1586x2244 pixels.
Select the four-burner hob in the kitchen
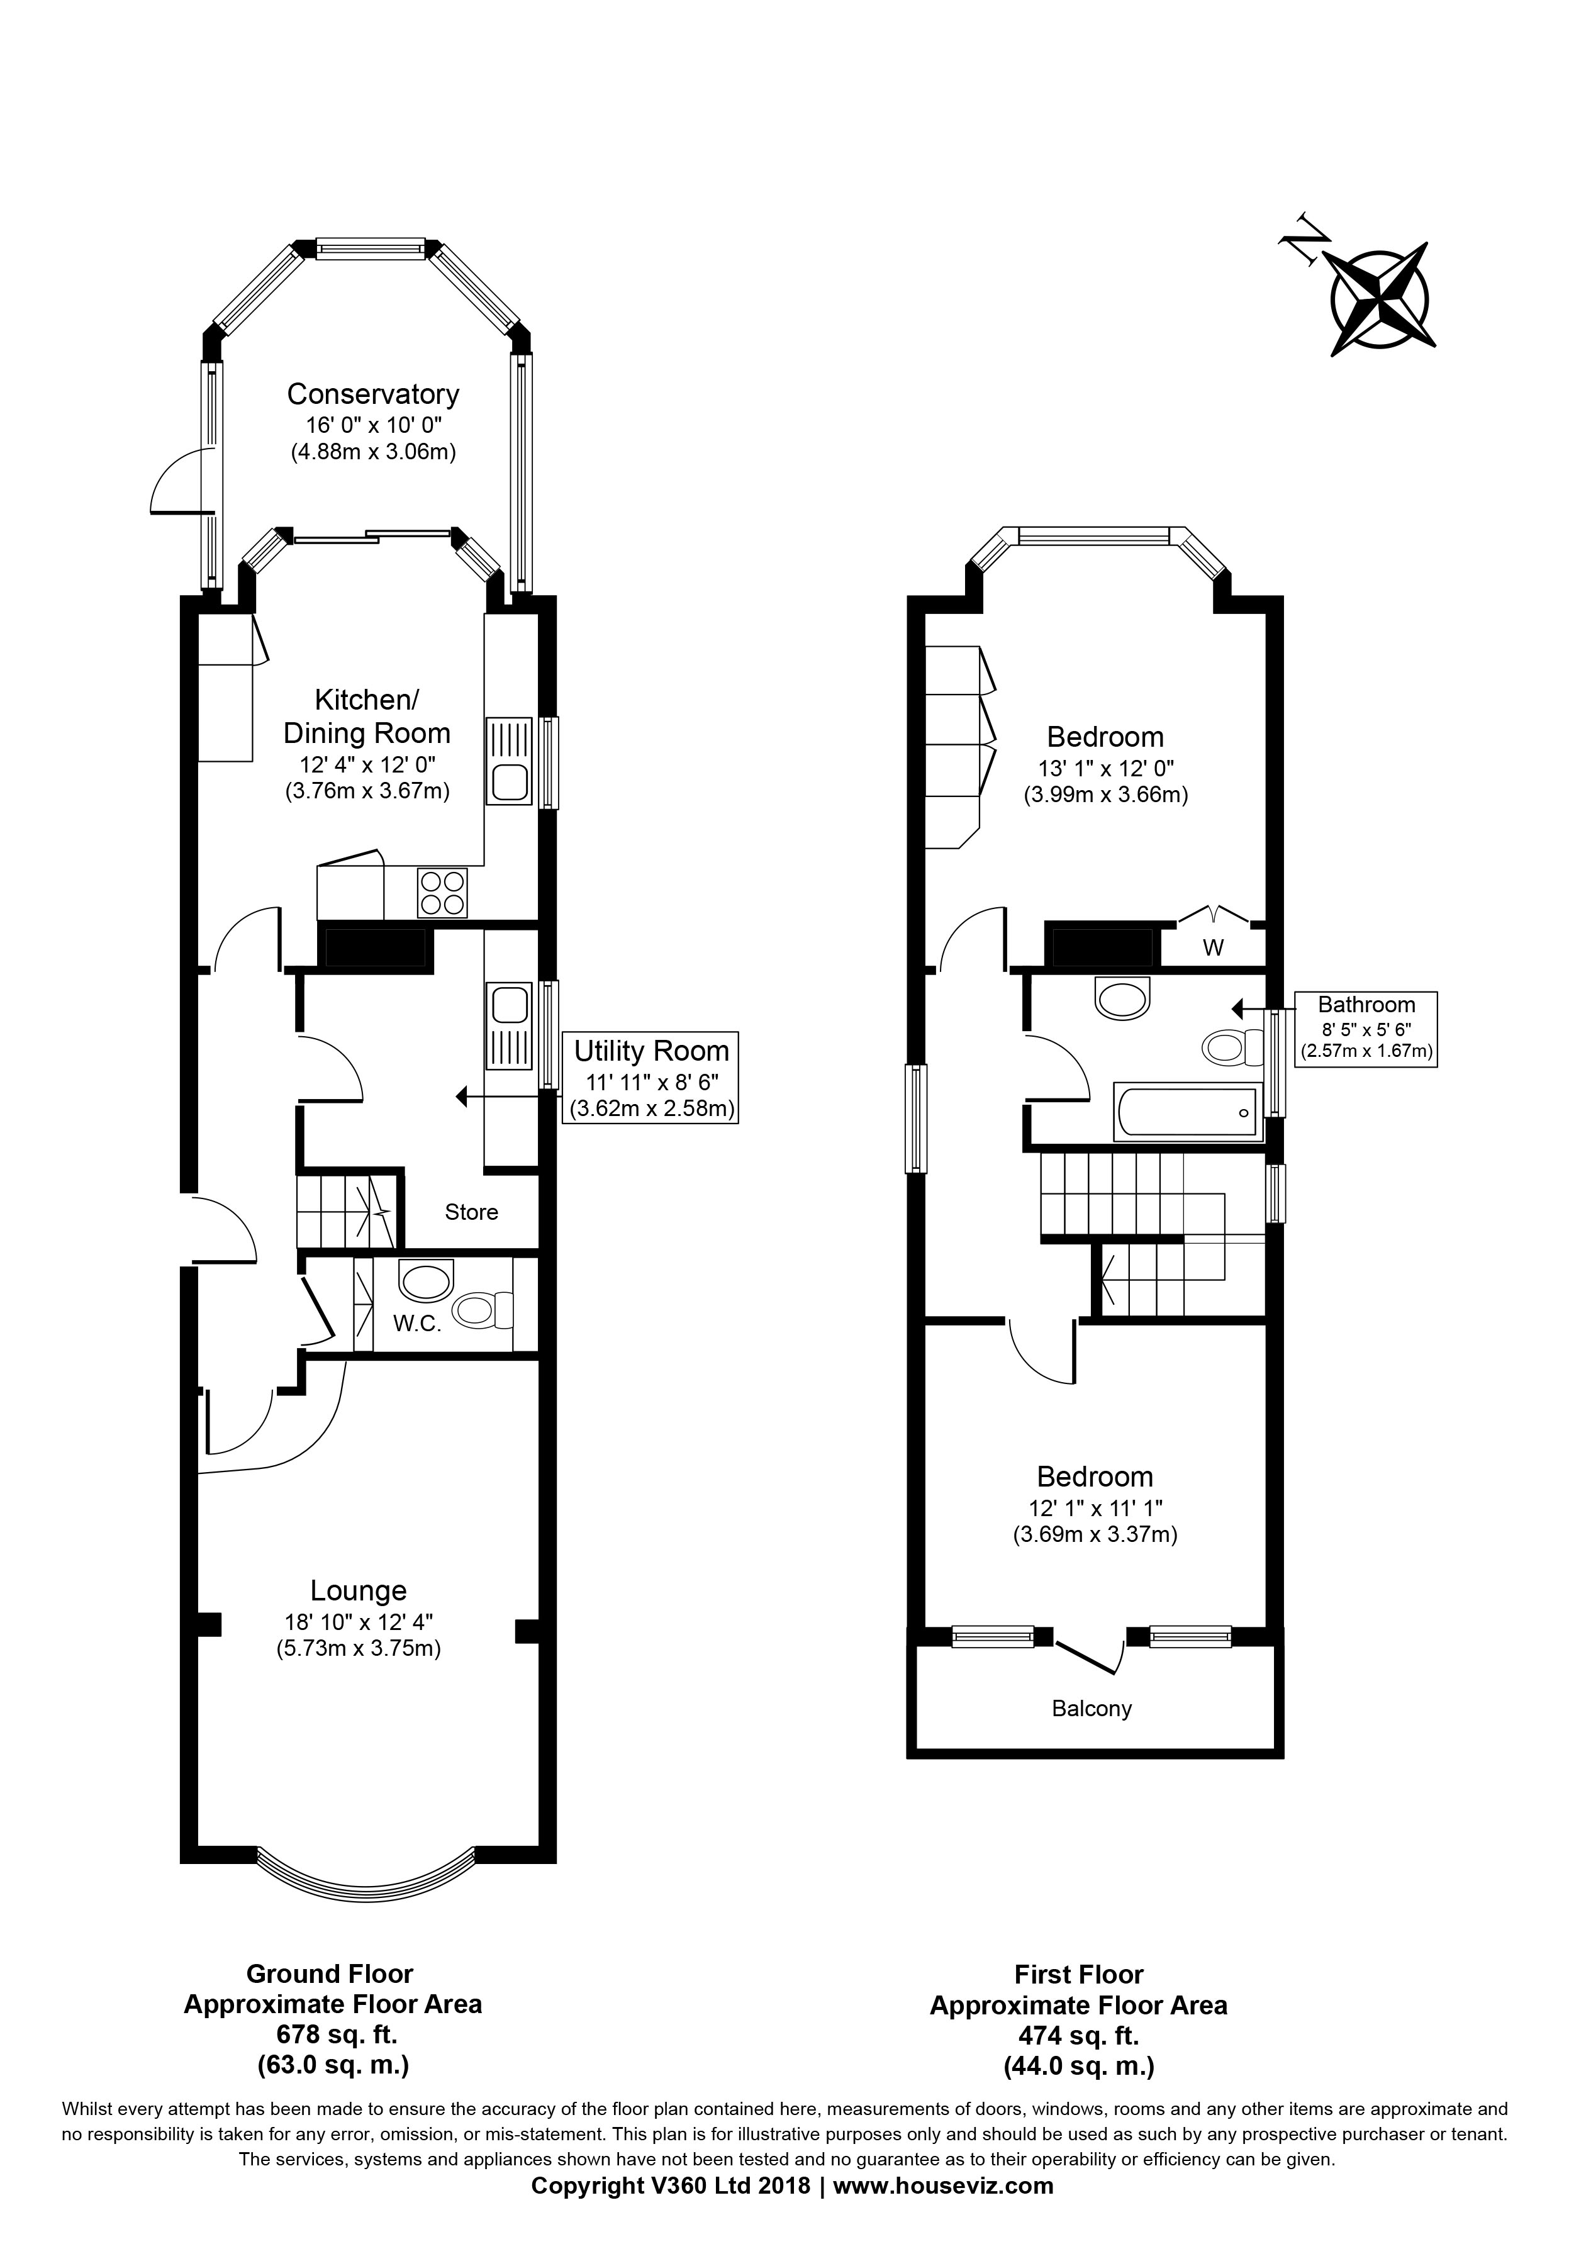pyautogui.click(x=442, y=892)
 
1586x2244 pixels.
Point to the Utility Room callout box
pyautogui.click(x=651, y=1078)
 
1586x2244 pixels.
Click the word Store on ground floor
pyautogui.click(x=471, y=1212)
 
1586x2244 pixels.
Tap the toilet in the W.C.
pyautogui.click(x=484, y=1310)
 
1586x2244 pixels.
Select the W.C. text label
pyautogui.click(x=417, y=1324)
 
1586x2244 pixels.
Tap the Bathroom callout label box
pyautogui.click(x=1365, y=1027)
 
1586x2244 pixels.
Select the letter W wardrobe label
pyautogui.click(x=1213, y=948)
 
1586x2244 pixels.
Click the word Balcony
pyautogui.click(x=1092, y=1709)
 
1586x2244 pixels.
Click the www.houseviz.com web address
pyautogui.click(x=943, y=2185)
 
